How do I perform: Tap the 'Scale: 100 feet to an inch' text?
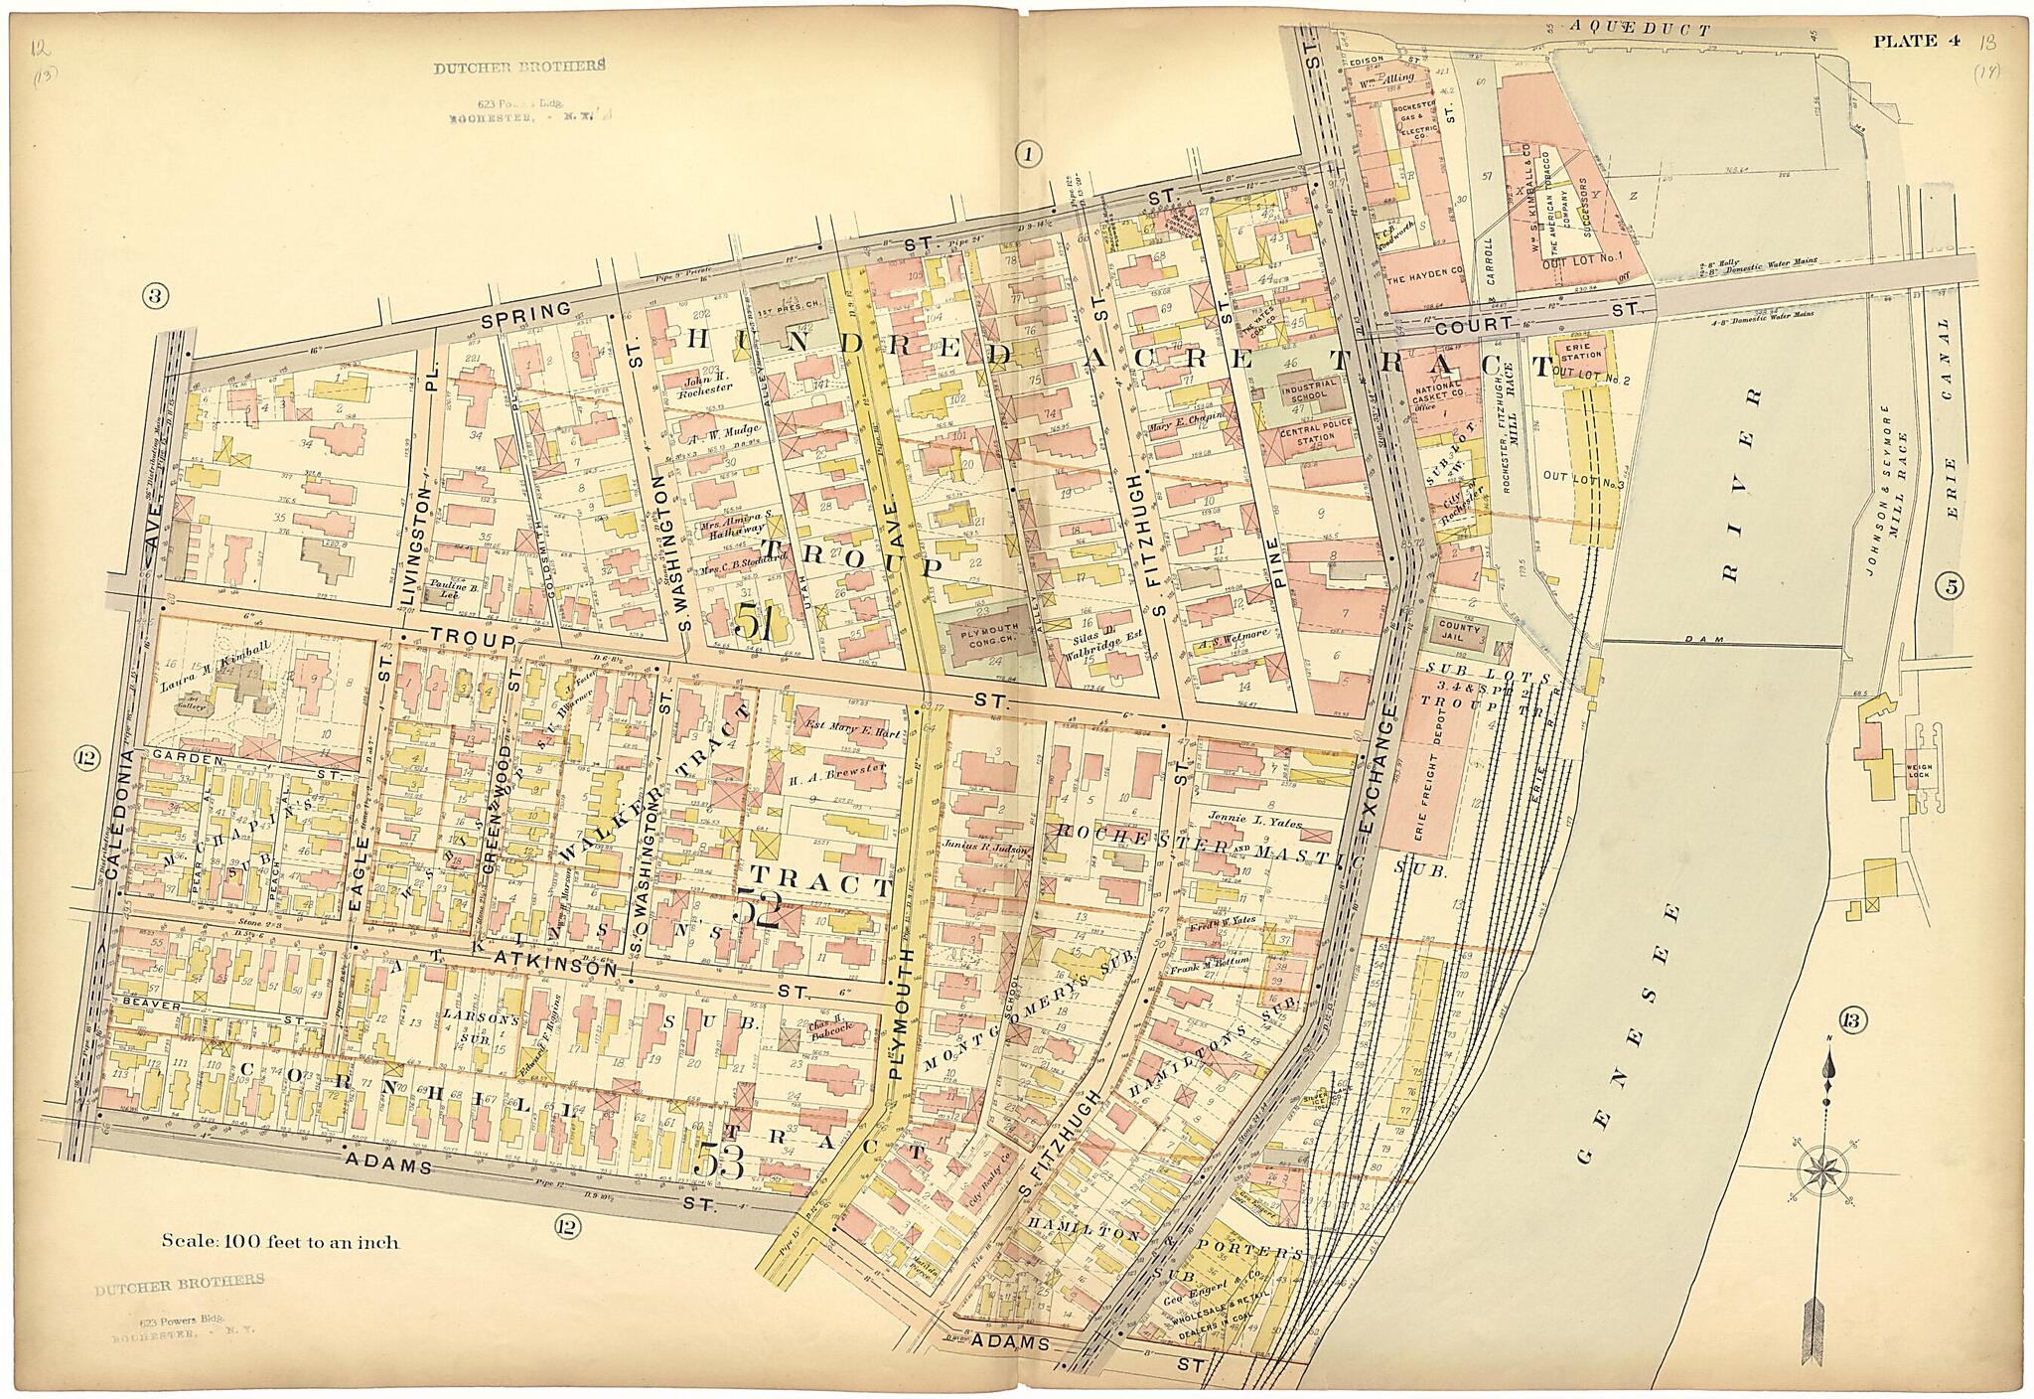coord(281,1241)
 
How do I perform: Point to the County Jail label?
coord(1453,635)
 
